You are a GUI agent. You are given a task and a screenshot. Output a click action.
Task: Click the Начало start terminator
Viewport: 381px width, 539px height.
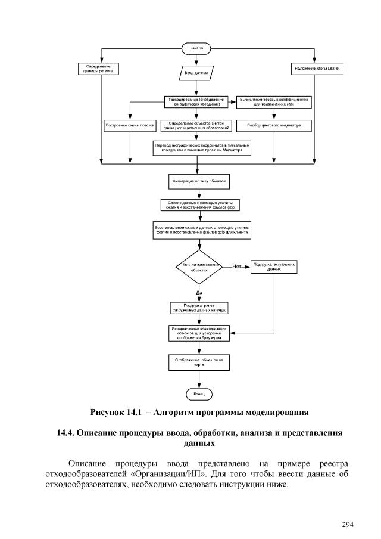[196, 47]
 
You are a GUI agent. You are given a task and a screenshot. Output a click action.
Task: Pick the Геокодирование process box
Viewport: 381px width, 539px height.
[196, 101]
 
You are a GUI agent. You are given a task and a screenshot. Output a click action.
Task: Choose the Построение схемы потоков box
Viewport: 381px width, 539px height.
[130, 126]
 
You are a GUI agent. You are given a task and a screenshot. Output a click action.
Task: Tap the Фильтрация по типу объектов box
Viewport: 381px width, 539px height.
[196, 179]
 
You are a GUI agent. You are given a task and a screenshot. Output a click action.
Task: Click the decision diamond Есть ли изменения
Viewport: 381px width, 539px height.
[198, 267]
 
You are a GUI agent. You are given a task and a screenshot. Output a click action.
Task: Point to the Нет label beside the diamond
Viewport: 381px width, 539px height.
[237, 266]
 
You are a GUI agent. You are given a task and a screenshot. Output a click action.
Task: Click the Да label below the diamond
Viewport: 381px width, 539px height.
[199, 293]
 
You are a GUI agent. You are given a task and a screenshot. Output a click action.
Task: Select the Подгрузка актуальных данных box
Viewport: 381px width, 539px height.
[274, 266]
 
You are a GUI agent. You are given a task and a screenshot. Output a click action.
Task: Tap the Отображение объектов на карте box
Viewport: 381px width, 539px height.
[199, 362]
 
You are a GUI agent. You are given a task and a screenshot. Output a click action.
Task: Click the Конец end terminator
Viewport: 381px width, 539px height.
[199, 395]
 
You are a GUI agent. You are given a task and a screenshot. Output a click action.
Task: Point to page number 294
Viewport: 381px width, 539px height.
[348, 525]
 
